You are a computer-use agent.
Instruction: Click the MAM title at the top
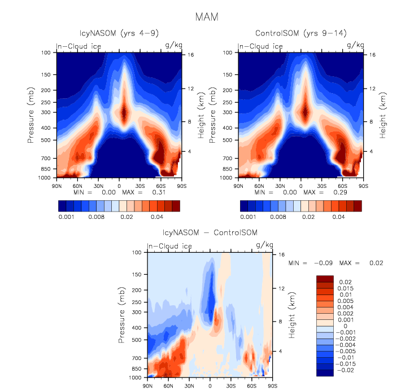tap(207, 17)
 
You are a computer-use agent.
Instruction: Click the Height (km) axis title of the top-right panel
tap(391, 116)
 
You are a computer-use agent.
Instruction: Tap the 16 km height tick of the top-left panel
tap(191, 55)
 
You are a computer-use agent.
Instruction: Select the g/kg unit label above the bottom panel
tap(264, 245)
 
